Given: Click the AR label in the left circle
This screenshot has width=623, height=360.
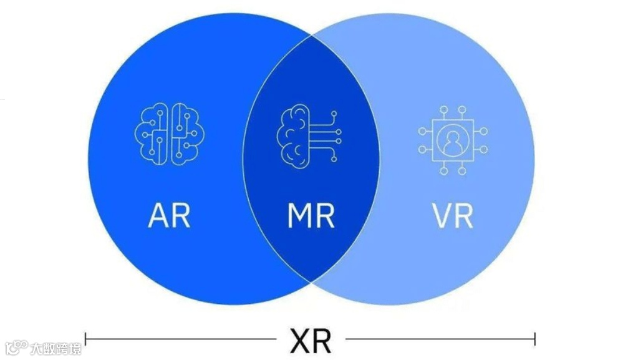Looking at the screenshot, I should click(169, 215).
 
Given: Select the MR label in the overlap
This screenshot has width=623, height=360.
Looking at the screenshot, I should click(311, 215).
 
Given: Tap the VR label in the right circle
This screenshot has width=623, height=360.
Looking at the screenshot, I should click(452, 215).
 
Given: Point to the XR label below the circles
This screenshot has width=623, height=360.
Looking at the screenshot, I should click(311, 340).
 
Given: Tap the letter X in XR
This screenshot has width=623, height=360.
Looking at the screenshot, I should click(299, 340).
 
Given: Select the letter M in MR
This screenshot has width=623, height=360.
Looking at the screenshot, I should click(299, 215).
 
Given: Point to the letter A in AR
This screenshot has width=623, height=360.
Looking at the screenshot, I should click(158, 215).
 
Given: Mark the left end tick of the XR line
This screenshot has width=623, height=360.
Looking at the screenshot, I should click(85, 339).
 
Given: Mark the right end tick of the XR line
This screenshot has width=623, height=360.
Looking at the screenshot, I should click(534, 339).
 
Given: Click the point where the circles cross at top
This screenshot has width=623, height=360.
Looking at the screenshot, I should click(311, 36).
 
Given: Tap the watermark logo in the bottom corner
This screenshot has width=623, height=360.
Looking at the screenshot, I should click(16, 346).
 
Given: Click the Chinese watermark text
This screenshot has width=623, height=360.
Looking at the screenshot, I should click(56, 347).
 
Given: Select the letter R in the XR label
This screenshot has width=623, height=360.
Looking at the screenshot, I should click(322, 340).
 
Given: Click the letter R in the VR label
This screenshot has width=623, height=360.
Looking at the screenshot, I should click(463, 215).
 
